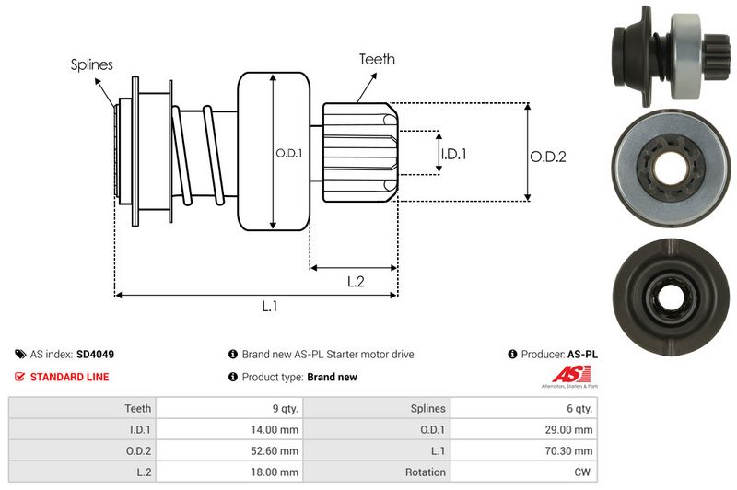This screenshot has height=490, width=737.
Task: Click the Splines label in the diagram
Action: click(x=92, y=64)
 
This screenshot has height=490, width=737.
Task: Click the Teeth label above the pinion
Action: click(x=376, y=59)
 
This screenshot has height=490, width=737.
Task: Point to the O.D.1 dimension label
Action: click(x=288, y=153)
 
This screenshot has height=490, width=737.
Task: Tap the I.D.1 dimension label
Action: click(x=453, y=154)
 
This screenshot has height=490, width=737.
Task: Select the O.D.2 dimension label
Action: click(x=547, y=157)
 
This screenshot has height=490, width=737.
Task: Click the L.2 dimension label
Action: click(x=357, y=282)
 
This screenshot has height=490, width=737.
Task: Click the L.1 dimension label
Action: click(x=270, y=307)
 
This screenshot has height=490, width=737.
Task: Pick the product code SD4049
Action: click(x=96, y=354)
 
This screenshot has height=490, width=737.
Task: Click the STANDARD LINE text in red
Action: click(x=69, y=377)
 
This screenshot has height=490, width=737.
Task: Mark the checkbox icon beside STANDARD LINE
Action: click(x=20, y=377)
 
